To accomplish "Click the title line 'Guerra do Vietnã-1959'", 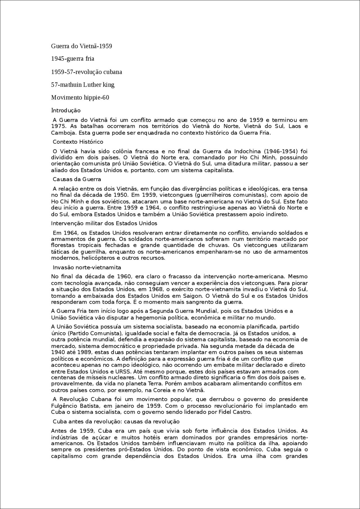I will coord(82,46).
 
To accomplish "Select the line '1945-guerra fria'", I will coord(73,59).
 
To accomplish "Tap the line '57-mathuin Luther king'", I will coord(83,85).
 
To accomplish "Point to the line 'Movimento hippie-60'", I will coord(80,98).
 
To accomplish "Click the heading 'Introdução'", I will coord(66,110).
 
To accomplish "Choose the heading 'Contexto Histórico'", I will coord(78,142).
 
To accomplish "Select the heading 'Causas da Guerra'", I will coord(77,179).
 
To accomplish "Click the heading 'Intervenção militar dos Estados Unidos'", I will coord(104,223).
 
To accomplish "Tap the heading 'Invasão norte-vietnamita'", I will coord(87,267).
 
